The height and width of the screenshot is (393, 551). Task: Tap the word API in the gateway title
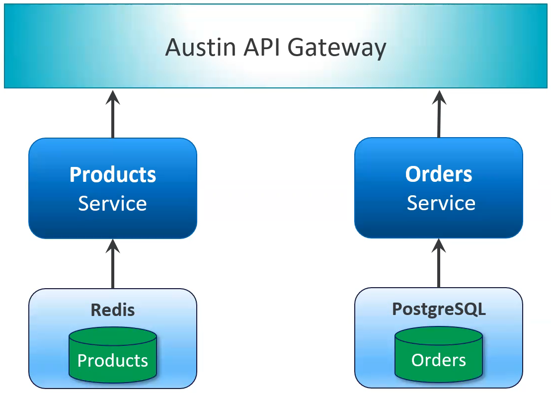click(259, 48)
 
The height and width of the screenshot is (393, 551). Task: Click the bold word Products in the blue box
click(113, 174)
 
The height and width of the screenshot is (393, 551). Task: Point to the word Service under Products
click(113, 204)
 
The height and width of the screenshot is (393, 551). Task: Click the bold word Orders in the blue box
click(439, 174)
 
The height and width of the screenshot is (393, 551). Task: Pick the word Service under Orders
click(441, 203)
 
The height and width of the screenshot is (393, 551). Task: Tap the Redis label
click(113, 310)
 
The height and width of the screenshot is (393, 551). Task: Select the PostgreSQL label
click(439, 309)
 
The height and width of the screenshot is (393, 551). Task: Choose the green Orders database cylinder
click(439, 354)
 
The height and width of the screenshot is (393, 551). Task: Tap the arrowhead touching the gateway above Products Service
click(113, 97)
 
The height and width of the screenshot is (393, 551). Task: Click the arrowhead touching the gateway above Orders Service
click(439, 97)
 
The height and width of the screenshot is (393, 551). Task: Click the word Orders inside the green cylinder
click(439, 360)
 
